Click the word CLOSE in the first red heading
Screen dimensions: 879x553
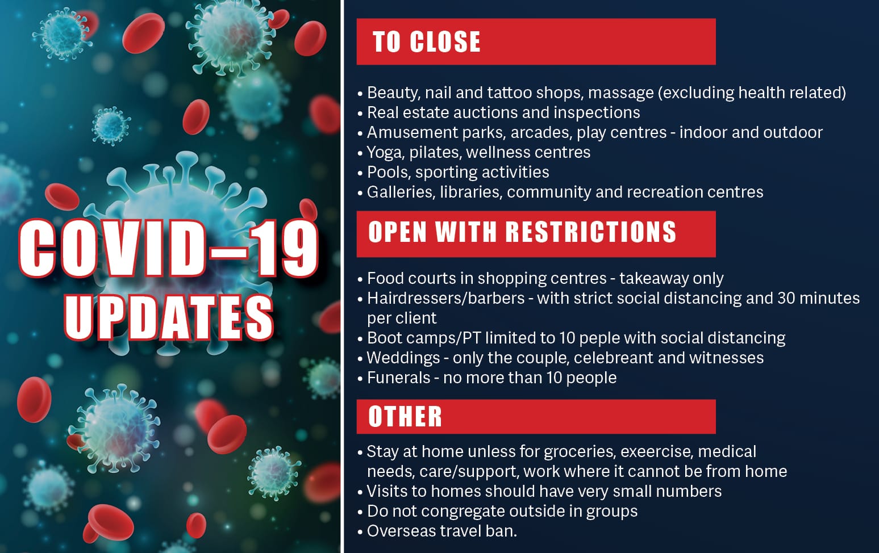(x=445, y=41)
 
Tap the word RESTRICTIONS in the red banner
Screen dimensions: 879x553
(x=591, y=232)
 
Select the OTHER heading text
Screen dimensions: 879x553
(x=405, y=417)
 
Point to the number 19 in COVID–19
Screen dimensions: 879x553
(x=284, y=248)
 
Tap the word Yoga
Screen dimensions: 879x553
(x=385, y=153)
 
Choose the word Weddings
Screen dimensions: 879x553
(x=403, y=358)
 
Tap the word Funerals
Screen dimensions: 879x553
(x=399, y=378)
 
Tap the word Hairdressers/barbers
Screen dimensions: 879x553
(x=446, y=299)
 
